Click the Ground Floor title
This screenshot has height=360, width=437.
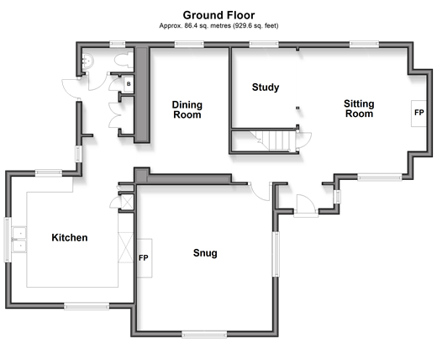(218, 15)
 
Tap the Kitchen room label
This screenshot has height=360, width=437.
(70, 238)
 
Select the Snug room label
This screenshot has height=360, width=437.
(205, 253)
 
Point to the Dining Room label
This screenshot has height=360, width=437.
(187, 109)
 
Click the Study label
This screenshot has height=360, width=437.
(266, 87)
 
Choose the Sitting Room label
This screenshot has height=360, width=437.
(359, 109)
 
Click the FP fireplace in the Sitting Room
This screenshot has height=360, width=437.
(419, 113)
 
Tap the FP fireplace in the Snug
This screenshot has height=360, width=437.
(145, 258)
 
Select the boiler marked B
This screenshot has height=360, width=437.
(129, 84)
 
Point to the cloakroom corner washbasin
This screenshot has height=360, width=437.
(87, 61)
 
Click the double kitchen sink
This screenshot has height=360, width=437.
(19, 240)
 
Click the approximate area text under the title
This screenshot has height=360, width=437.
(218, 26)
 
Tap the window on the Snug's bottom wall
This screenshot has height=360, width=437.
(204, 335)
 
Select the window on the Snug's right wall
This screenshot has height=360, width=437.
(276, 254)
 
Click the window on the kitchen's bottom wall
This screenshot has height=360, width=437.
(87, 306)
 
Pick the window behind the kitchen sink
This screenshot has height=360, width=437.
(8, 240)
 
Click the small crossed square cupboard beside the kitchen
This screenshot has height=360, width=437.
(127, 202)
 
